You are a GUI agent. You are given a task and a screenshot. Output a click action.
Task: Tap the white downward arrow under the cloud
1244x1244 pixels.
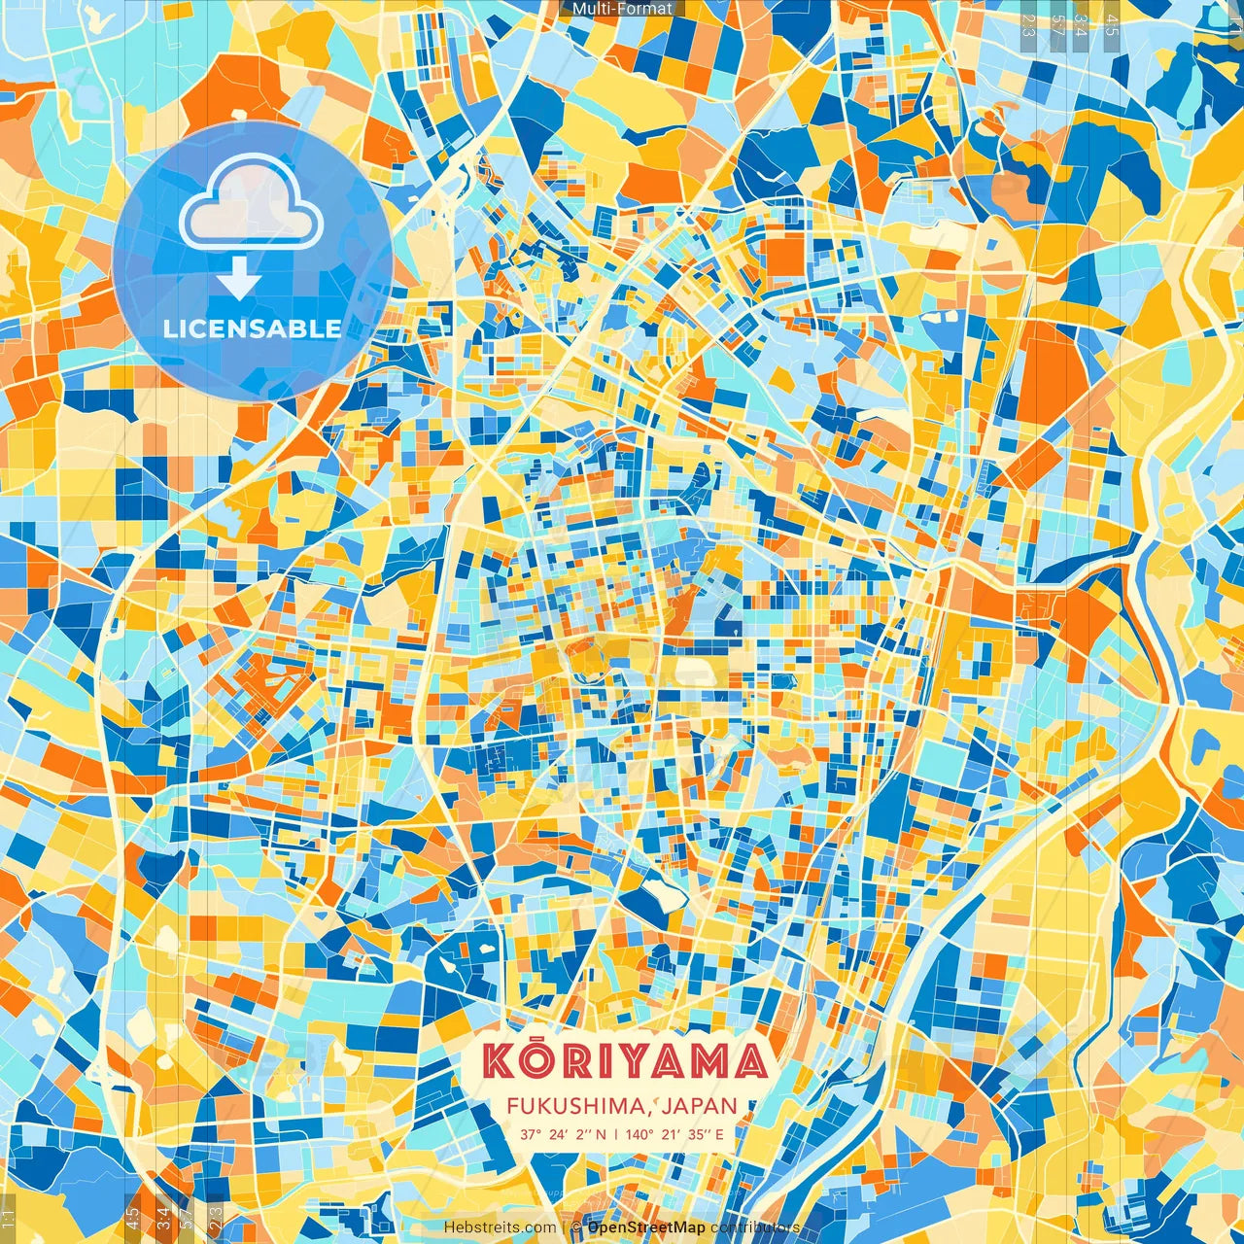pyautogui.click(x=238, y=280)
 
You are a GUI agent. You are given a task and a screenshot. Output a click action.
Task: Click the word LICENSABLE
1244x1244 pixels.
pyautogui.click(x=253, y=328)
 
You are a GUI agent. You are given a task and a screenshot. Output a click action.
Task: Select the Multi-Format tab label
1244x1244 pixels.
pyautogui.click(x=622, y=9)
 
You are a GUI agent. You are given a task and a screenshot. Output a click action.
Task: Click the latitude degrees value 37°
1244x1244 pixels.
pyautogui.click(x=531, y=1133)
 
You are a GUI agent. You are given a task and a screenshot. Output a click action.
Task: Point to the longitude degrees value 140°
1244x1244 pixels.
pyautogui.click(x=639, y=1133)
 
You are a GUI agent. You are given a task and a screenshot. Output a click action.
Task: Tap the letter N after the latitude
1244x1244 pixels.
pyautogui.click(x=601, y=1133)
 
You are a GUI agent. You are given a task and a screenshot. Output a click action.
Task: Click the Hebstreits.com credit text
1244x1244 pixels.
pyautogui.click(x=501, y=1227)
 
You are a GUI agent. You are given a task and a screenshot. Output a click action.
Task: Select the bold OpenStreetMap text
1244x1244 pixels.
pyautogui.click(x=646, y=1227)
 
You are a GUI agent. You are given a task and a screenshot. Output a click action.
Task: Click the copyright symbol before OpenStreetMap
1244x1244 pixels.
pyautogui.click(x=576, y=1227)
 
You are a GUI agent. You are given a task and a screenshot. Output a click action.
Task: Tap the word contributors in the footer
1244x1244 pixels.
pyautogui.click(x=754, y=1227)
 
